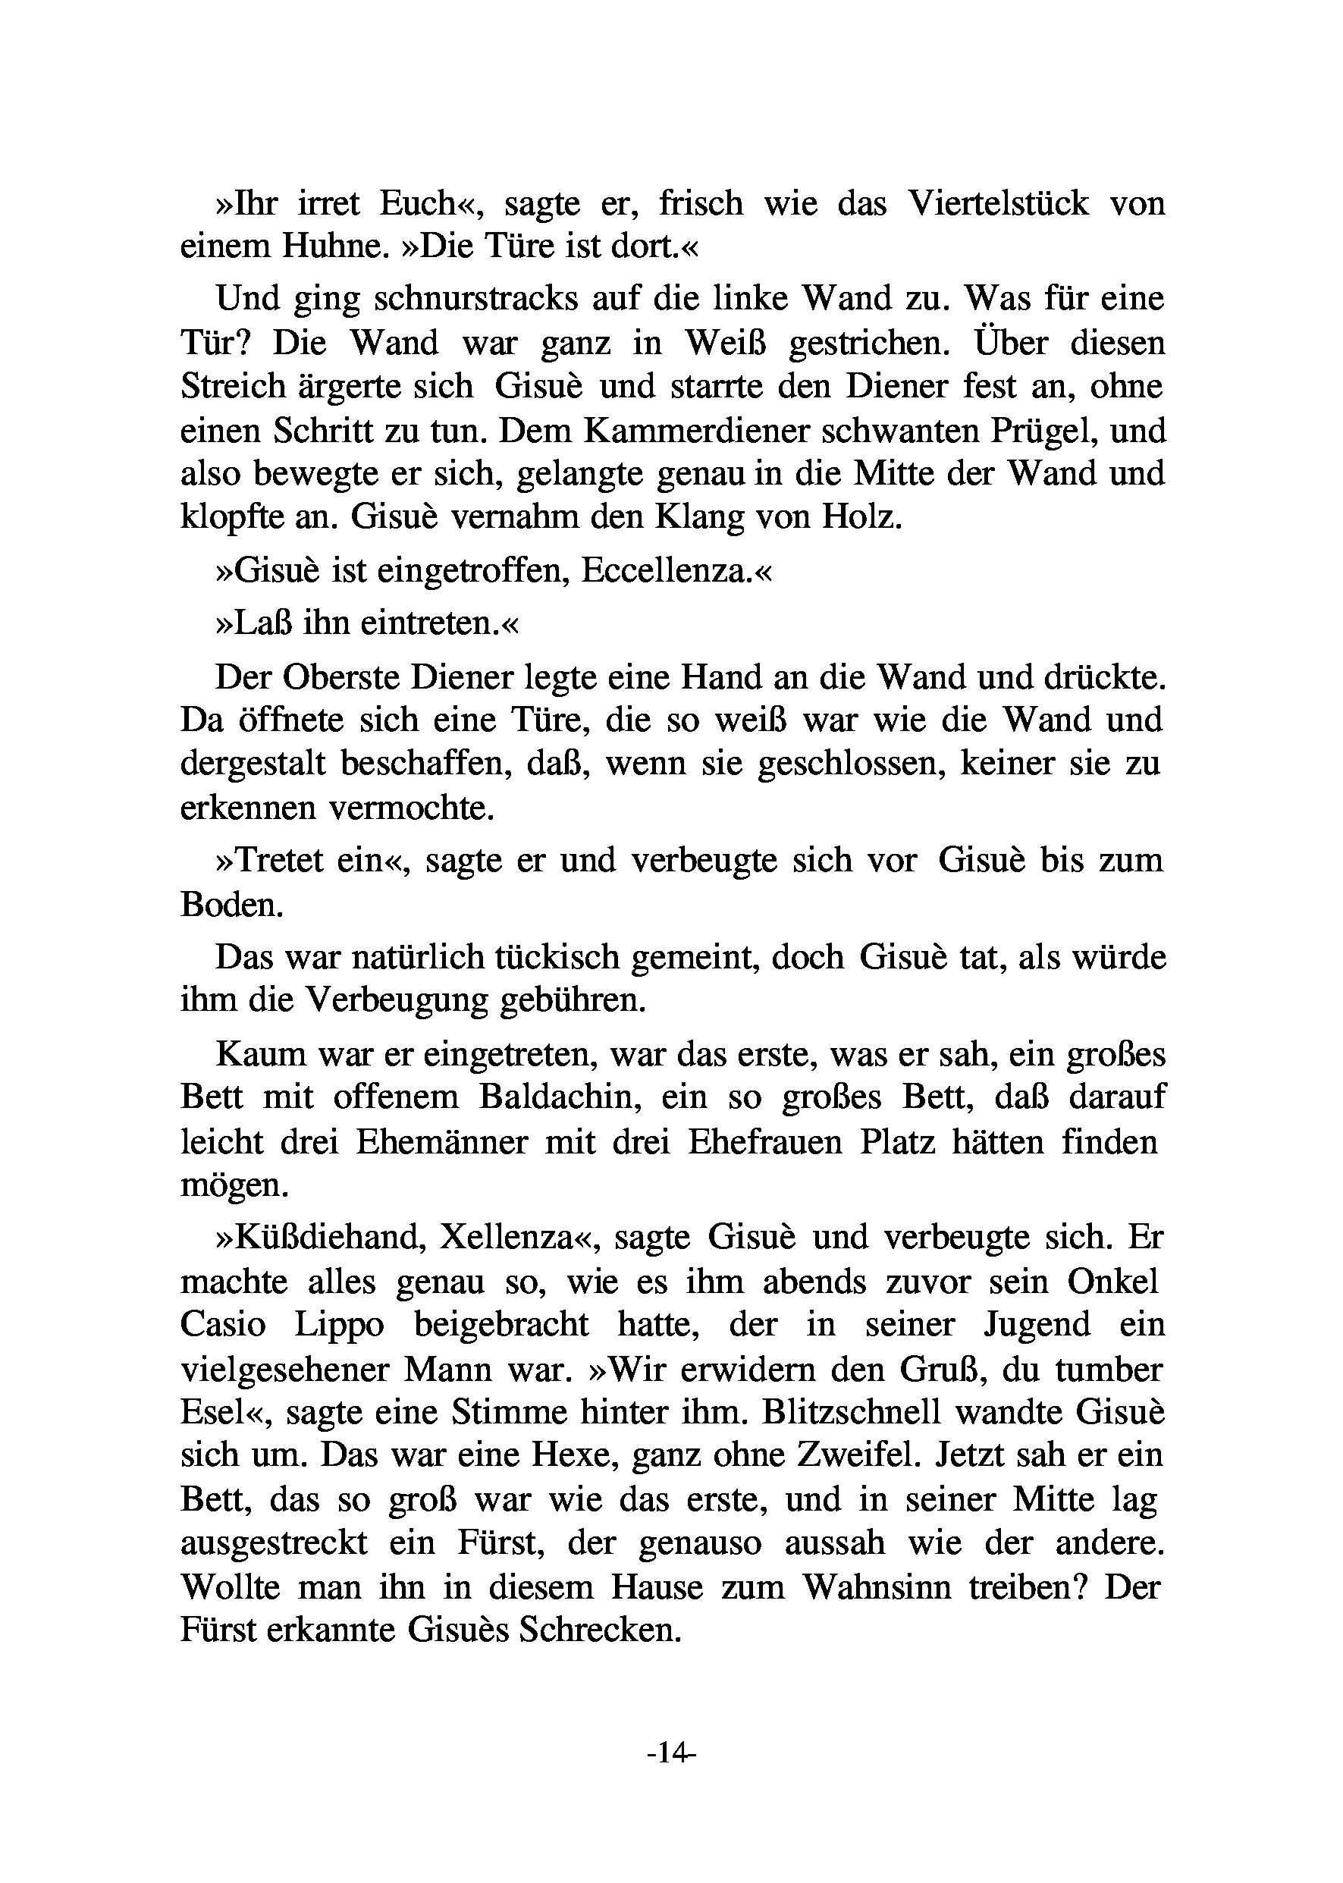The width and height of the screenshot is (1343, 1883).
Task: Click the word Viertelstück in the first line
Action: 998,203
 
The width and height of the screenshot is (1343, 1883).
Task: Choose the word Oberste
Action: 338,677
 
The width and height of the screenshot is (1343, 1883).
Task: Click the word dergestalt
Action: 253,764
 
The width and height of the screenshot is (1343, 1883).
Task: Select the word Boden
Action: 231,905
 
